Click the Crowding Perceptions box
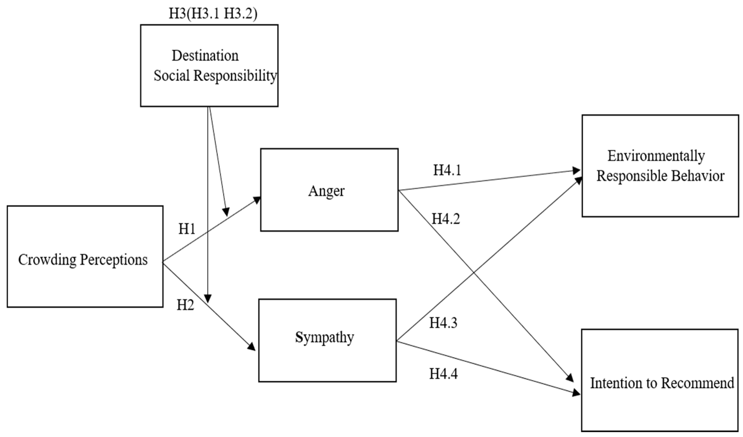[85, 256]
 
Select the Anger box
[329, 190]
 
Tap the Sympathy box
[327, 341]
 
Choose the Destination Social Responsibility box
[209, 66]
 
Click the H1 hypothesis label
[187, 229]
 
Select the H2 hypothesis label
[185, 305]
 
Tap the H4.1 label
[447, 170]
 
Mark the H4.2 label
[446, 219]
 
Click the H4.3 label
[443, 323]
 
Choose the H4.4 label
[443, 374]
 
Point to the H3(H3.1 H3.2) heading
[213, 13]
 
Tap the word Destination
[205, 56]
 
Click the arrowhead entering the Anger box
[257, 200]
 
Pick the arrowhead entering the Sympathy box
[252, 347]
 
